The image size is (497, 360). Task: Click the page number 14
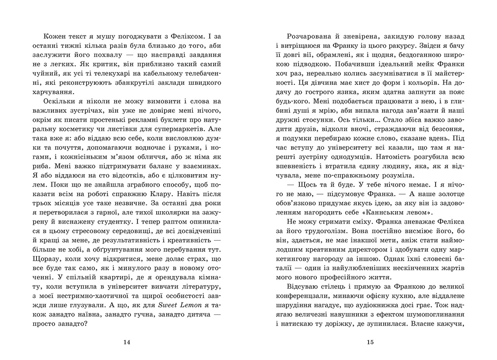click(127, 342)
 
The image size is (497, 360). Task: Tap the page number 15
click(370, 342)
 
